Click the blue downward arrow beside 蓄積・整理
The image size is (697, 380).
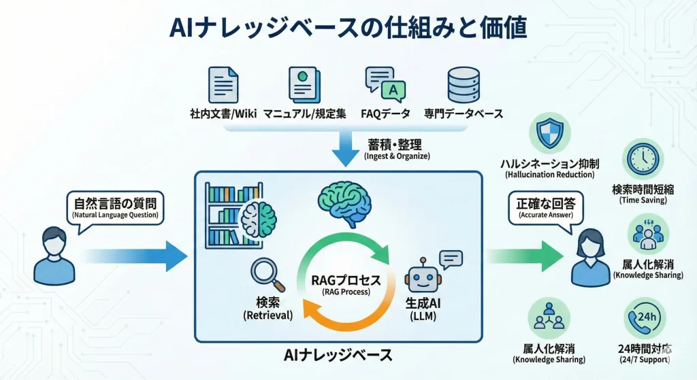(x=345, y=150)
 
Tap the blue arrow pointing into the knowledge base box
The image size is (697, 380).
(x=136, y=256)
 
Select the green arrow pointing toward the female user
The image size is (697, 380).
(x=524, y=256)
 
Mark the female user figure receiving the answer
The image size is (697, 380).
(x=589, y=258)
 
